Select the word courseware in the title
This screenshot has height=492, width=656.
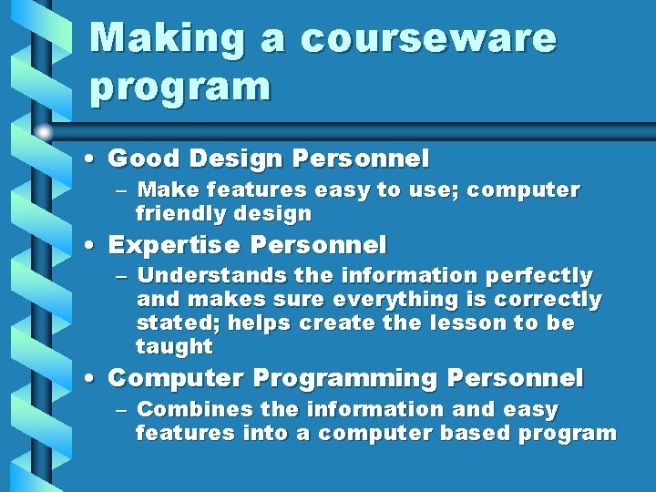[x=427, y=39]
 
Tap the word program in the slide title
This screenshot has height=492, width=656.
[x=180, y=87]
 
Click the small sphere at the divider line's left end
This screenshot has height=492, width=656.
[x=44, y=132]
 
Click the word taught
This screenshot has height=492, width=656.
[x=174, y=346]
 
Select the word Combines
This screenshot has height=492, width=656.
[x=191, y=409]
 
